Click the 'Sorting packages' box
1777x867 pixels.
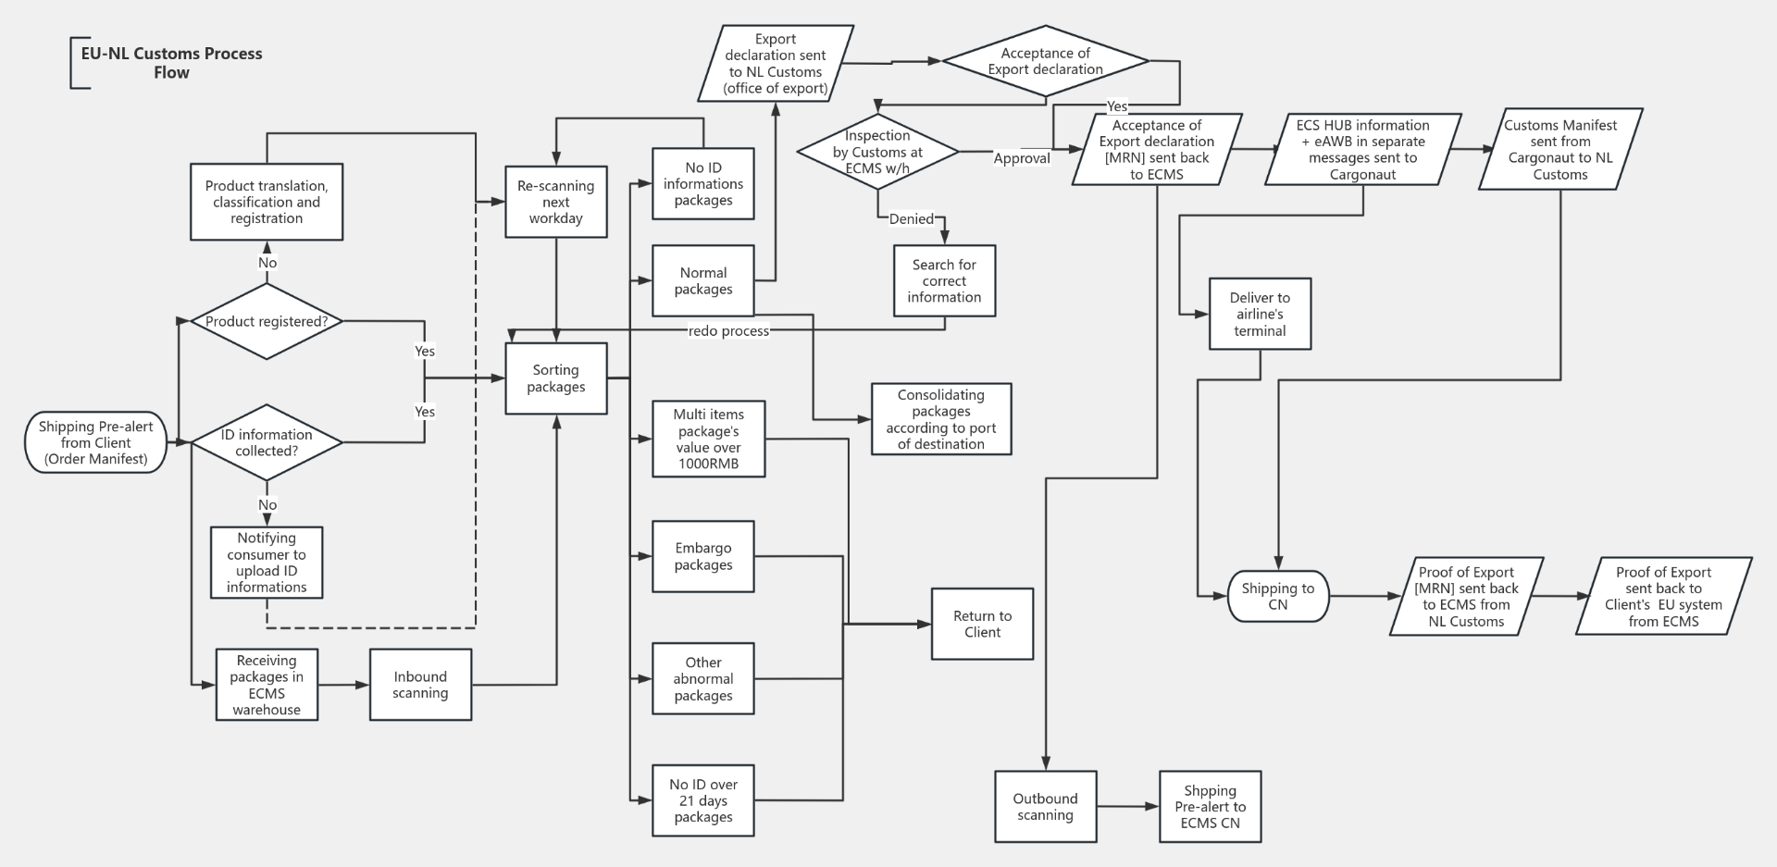click(x=555, y=378)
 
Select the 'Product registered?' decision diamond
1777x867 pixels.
click(x=267, y=321)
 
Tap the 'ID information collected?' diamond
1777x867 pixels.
click(x=267, y=442)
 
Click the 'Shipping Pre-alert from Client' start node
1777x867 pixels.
click(x=96, y=442)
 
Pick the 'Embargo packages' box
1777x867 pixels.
click(x=702, y=556)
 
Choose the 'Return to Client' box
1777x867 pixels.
click(x=982, y=624)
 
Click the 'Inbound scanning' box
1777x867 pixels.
click(x=420, y=685)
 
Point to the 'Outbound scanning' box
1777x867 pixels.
click(x=1045, y=807)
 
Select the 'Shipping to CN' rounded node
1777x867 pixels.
click(x=1277, y=596)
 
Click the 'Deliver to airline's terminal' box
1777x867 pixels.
click(x=1260, y=315)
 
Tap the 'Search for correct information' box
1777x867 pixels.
click(x=944, y=280)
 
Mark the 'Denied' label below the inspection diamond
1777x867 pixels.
click(x=912, y=219)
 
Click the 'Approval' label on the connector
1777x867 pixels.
click(x=1022, y=158)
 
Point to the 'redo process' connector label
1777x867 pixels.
click(x=728, y=331)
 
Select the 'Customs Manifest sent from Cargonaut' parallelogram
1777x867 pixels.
click(x=1560, y=149)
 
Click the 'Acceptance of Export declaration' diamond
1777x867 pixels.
click(x=1045, y=61)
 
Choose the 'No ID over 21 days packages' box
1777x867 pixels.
click(x=702, y=800)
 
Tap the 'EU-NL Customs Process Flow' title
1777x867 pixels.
click(x=171, y=63)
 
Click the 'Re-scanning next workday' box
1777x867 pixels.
click(x=555, y=202)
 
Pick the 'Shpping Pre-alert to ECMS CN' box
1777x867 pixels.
click(x=1210, y=807)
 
